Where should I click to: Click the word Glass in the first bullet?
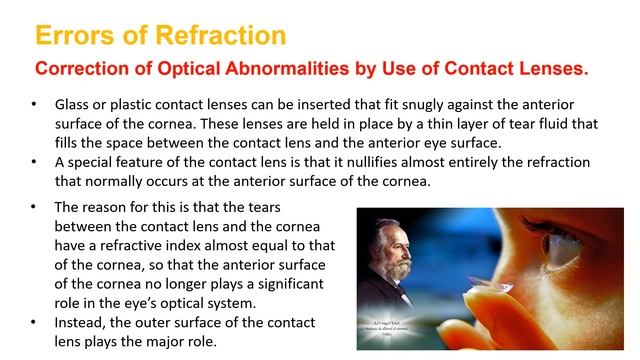75,105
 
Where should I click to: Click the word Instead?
81,322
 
